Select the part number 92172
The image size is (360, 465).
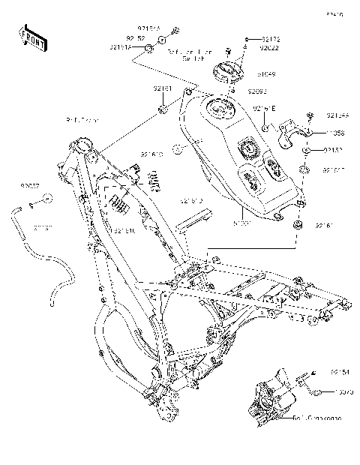(271, 37)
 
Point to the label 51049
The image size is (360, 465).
(267, 75)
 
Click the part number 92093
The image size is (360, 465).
(257, 91)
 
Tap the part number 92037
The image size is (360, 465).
(30, 182)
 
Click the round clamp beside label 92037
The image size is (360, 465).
(46, 199)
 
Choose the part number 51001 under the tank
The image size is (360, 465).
(241, 222)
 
